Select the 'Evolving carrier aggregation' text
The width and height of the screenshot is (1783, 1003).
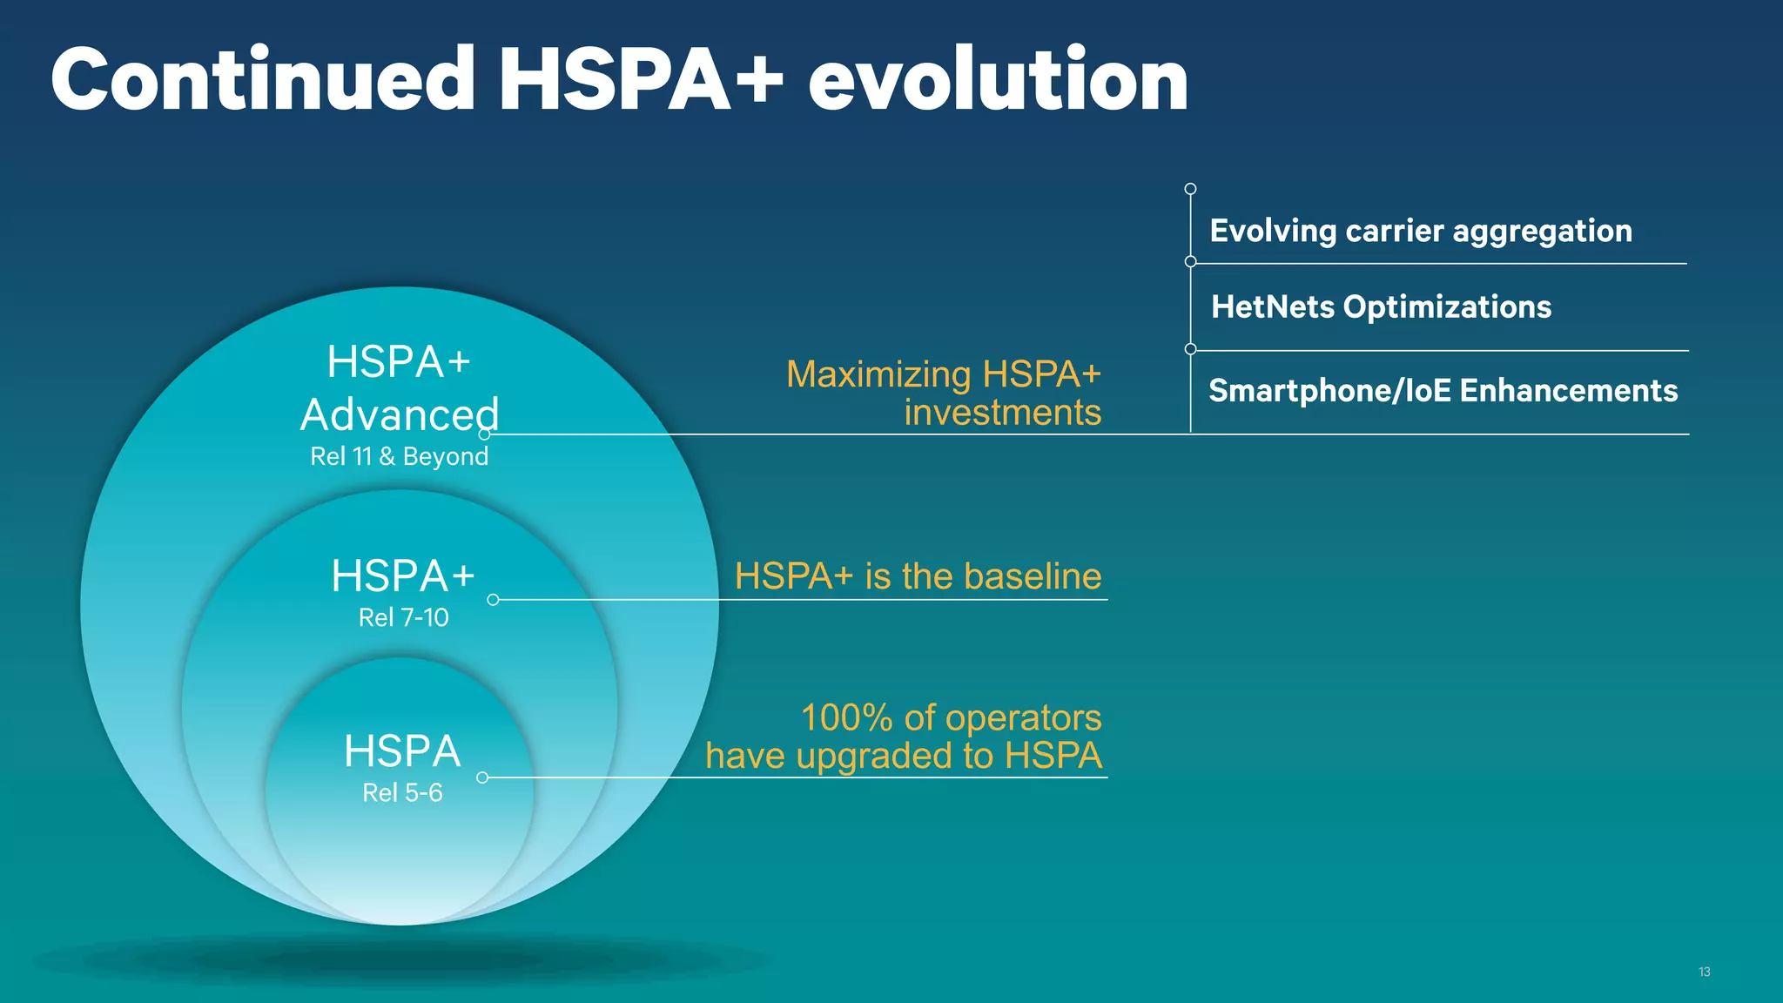pos(1421,231)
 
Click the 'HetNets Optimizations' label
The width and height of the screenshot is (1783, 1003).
pos(1381,306)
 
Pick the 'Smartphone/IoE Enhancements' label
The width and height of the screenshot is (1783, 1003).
pos(1443,391)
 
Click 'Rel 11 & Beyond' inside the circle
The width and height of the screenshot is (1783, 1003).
pos(399,456)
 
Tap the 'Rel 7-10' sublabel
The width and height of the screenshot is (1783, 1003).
pos(403,617)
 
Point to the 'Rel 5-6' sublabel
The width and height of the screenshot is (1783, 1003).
pos(402,792)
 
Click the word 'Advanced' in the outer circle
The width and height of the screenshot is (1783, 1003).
pos(400,414)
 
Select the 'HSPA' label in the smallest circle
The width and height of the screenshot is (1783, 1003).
pos(401,751)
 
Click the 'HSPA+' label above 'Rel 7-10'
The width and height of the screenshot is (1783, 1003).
pos(402,576)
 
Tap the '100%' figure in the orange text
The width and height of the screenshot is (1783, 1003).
pos(846,718)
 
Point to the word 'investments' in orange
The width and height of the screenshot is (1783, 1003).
pos(1002,413)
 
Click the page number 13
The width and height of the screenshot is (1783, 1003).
pos(1704,972)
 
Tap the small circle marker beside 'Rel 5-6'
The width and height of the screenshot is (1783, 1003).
pos(482,777)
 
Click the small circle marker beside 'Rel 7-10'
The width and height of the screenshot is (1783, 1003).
pos(493,600)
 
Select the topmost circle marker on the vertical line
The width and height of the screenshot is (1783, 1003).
pos(1190,189)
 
